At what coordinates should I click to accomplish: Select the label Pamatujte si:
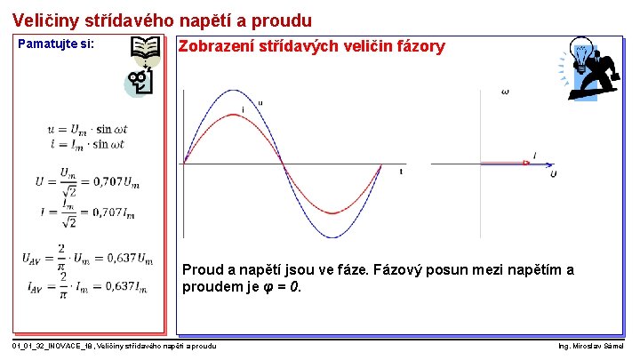pos(56,44)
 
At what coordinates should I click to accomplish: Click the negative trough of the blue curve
pos(332,237)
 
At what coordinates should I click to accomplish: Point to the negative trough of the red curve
pos(332,213)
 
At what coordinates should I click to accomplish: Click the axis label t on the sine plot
pos(401,171)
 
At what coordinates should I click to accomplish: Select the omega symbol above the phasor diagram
pos(506,92)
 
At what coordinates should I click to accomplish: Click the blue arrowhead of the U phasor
pos(550,164)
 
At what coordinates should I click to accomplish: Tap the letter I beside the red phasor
pos(534,155)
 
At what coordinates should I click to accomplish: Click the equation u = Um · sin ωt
pos(87,130)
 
